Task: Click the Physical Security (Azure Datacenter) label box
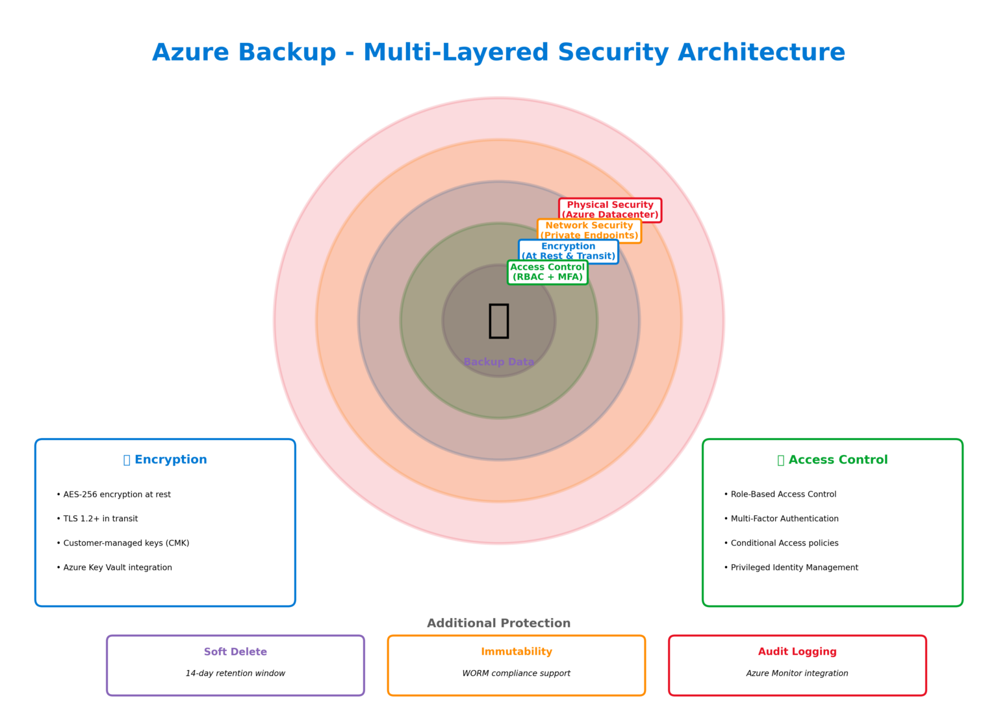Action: pos(610,210)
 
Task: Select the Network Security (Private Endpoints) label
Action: pos(589,231)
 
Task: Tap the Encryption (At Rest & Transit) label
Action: pos(569,252)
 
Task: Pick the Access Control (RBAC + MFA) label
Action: pos(548,272)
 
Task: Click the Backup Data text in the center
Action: pos(499,362)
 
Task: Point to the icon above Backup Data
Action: pos(499,320)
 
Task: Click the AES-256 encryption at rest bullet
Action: pos(117,495)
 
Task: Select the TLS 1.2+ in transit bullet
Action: pos(101,519)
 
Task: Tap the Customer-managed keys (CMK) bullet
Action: pos(126,543)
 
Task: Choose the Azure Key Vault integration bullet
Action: pos(118,567)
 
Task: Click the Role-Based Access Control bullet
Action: pos(784,495)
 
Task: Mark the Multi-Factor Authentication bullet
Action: pos(785,519)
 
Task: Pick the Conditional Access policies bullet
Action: pos(785,543)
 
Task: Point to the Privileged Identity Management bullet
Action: pos(795,567)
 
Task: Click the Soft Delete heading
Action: pos(235,652)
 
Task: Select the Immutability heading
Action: pos(517,652)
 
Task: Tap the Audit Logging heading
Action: pos(797,652)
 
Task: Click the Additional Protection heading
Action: pos(499,623)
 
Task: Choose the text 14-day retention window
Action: pos(235,673)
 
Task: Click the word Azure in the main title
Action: pos(190,53)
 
